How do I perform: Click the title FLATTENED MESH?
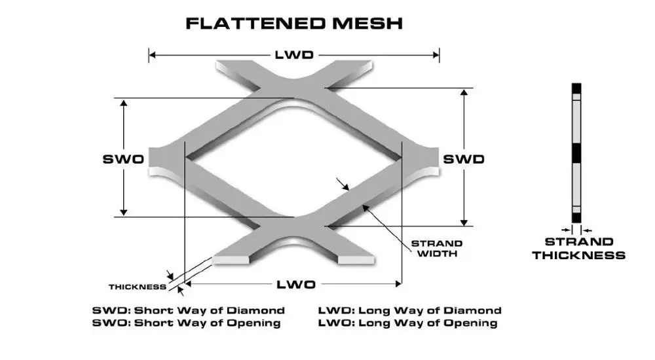(293, 24)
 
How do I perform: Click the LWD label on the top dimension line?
(293, 55)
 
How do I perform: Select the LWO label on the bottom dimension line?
(295, 284)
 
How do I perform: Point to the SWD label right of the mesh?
(463, 159)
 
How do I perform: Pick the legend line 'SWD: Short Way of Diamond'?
(189, 310)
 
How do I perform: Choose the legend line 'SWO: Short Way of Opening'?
(187, 323)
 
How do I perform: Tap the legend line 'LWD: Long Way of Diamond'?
(409, 310)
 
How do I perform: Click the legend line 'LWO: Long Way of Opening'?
(407, 323)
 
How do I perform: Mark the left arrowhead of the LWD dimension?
(153, 55)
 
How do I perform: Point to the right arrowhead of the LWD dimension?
(436, 55)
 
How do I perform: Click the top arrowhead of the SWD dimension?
(463, 92)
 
